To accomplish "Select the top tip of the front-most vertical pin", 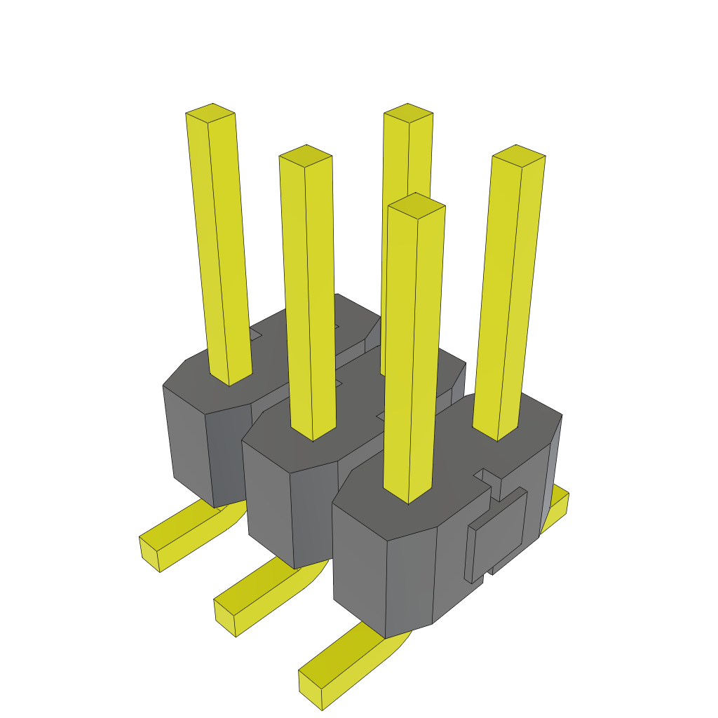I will coord(416,205).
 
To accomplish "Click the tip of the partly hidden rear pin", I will coord(408,114).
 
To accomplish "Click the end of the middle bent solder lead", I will coord(226,617).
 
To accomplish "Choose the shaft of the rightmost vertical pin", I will coord(508,294).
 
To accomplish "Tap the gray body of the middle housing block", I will coord(266,498).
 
